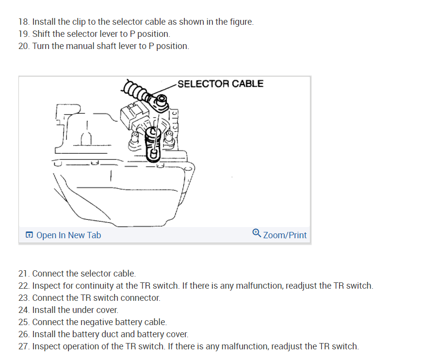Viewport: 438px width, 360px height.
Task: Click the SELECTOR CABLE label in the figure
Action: (x=220, y=83)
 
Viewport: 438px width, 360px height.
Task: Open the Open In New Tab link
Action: (x=68, y=235)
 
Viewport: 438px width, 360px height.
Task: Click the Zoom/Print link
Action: (x=285, y=235)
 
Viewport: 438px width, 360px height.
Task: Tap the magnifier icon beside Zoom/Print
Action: (x=257, y=233)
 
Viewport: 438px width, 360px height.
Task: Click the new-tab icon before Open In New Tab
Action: (x=30, y=235)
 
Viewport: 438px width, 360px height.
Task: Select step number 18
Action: (x=24, y=22)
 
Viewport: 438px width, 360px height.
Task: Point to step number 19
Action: (x=24, y=34)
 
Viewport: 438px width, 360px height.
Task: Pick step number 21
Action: (x=24, y=274)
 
